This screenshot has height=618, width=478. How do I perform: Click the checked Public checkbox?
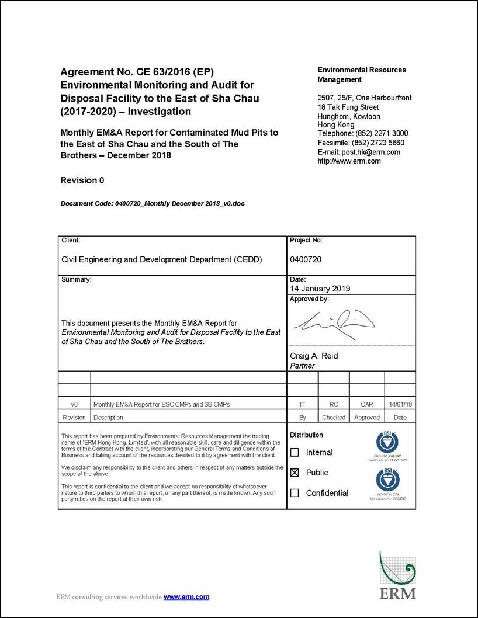(295, 473)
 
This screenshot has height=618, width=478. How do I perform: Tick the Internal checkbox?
(295, 452)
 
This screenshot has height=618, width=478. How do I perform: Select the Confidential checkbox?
(295, 493)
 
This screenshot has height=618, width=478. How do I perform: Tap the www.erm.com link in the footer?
(186, 597)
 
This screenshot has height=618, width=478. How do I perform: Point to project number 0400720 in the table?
(306, 259)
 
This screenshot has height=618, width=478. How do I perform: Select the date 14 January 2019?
(320, 289)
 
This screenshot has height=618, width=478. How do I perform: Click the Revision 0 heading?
(82, 180)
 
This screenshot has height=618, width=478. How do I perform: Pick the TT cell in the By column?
(302, 404)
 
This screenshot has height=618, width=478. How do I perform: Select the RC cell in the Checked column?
(334, 404)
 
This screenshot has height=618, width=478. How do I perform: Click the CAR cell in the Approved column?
(366, 404)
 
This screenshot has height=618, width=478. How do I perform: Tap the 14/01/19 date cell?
(400, 404)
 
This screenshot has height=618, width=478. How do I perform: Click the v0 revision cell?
(74, 404)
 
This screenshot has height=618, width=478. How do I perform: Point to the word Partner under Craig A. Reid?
(302, 366)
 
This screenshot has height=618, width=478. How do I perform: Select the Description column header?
(108, 418)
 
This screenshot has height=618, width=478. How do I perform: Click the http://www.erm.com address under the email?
(349, 161)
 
